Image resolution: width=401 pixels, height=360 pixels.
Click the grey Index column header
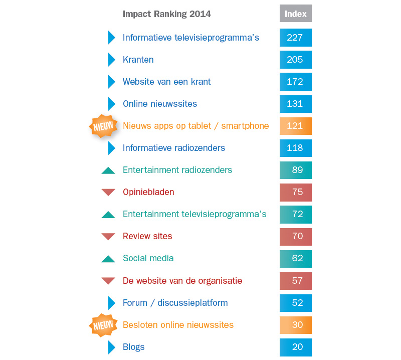296,14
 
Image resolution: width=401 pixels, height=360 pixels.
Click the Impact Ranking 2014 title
167,14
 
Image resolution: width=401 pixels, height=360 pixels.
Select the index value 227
296,38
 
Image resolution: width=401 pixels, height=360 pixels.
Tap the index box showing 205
296,60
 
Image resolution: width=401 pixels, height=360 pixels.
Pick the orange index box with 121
296,126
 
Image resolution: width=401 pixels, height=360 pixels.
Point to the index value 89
296,170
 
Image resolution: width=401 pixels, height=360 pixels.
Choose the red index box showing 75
296,192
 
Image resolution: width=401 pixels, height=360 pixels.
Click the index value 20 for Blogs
296,347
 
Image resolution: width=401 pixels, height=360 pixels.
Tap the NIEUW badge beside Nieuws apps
104,126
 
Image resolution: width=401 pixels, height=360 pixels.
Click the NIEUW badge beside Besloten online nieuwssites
104,325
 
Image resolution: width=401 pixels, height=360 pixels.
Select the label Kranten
138,60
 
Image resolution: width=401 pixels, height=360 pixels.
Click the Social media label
148,258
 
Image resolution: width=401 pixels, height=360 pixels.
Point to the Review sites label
147,236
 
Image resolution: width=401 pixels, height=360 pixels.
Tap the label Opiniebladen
148,192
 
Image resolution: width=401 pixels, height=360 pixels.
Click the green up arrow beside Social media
108,259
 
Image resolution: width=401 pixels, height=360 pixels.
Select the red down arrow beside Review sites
108,236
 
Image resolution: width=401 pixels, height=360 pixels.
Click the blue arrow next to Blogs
112,347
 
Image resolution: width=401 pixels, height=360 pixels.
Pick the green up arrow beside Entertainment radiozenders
108,170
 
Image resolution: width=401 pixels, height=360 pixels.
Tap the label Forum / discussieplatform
175,303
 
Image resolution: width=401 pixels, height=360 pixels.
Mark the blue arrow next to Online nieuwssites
112,104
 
